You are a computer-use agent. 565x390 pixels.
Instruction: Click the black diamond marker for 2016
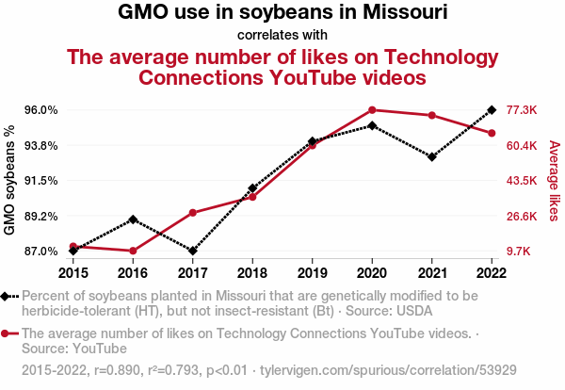[x=133, y=219]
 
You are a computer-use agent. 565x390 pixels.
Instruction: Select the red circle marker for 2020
[x=372, y=110]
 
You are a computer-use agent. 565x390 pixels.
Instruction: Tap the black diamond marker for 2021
[x=432, y=156]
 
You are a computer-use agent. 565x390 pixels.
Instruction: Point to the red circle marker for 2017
[x=193, y=213]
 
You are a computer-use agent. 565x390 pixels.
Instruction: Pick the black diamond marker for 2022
[x=492, y=109]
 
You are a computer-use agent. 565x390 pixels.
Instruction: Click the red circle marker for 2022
[x=492, y=134]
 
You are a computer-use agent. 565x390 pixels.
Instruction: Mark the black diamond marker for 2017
[x=193, y=251]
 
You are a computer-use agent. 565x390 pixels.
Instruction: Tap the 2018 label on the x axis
[x=252, y=273]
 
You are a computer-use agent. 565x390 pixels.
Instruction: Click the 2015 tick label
[x=73, y=273]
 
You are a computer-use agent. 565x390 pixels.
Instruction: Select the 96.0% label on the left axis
[x=41, y=110]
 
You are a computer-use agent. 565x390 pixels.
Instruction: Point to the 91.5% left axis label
[x=41, y=181]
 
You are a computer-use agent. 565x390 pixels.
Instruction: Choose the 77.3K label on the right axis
[x=522, y=110]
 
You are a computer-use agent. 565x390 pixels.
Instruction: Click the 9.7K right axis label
[x=518, y=252]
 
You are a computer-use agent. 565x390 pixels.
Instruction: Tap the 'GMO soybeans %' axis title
[x=9, y=180]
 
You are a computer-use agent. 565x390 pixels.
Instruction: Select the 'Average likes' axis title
[x=555, y=181]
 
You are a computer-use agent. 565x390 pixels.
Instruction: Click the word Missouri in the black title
[x=405, y=11]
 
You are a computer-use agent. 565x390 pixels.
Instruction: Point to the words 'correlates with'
[x=282, y=35]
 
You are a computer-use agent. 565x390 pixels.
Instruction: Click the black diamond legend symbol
[x=5, y=297]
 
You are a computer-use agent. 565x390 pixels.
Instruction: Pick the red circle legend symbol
[x=5, y=333]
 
